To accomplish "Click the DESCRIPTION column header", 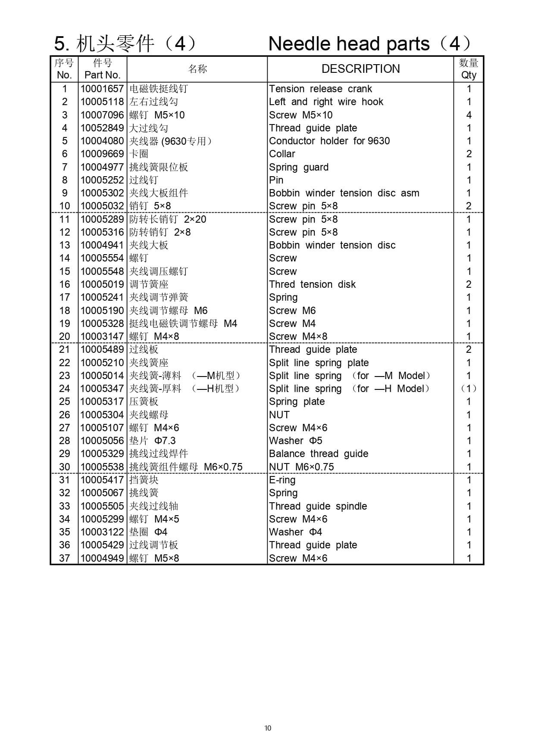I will [x=360, y=69].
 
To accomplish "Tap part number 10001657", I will [x=102, y=89].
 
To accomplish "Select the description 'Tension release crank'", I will [x=320, y=89].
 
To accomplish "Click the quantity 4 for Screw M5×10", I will [x=469, y=115].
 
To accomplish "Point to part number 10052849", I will [x=102, y=128].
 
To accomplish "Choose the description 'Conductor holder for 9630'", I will [x=329, y=141].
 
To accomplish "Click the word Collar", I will [x=282, y=154].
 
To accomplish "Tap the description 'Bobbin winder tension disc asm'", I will [x=344, y=193].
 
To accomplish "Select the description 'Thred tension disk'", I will [x=312, y=284].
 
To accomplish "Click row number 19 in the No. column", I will [x=65, y=324].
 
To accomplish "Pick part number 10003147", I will [x=102, y=336].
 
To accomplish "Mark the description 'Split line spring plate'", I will [x=319, y=363].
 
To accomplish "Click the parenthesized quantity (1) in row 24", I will [x=469, y=389].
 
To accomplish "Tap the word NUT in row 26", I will [x=279, y=415].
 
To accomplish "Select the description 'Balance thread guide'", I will [x=319, y=454].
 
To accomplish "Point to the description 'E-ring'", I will [x=282, y=480].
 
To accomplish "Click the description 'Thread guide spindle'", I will [x=318, y=506].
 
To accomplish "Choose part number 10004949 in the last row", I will [x=102, y=558].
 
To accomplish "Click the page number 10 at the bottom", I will [x=268, y=728].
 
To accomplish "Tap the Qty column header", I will [x=469, y=69].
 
